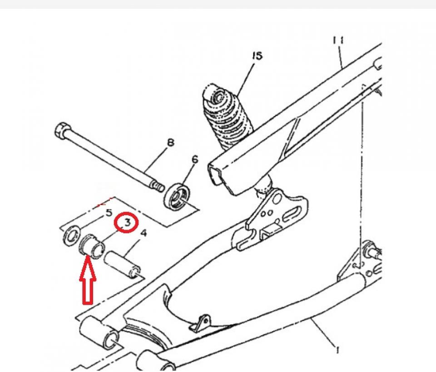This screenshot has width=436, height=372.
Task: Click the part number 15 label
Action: [x=257, y=56]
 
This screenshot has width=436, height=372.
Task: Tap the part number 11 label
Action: [x=338, y=40]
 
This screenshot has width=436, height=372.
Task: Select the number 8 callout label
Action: [x=171, y=142]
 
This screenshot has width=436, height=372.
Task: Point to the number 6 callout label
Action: [x=195, y=160]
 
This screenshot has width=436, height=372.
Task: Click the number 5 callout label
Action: [x=109, y=213]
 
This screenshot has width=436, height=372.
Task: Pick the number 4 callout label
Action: [x=144, y=233]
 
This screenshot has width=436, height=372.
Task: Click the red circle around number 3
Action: [x=127, y=222]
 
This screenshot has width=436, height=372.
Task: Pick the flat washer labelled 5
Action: [x=71, y=235]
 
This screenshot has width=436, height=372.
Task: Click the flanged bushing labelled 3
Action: [x=91, y=245]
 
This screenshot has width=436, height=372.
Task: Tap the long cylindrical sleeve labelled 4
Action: [x=123, y=264]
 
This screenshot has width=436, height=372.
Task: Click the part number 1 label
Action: [x=337, y=349]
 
